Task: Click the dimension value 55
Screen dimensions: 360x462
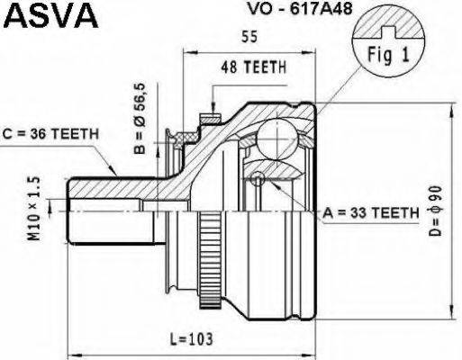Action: (249, 37)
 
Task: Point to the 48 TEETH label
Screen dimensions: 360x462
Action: (249, 68)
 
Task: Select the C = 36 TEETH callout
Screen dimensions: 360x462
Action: (50, 134)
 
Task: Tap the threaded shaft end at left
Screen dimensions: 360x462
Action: (90, 211)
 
